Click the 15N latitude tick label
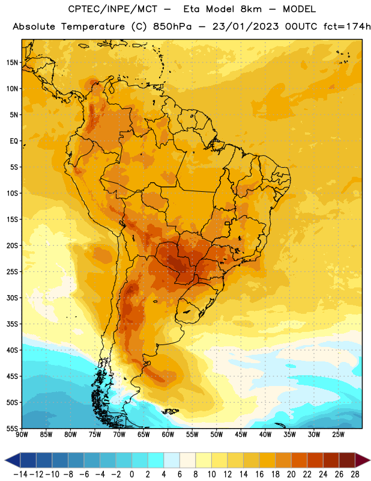click(x=12, y=63)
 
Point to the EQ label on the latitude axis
click(x=14, y=141)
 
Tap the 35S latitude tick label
click(x=12, y=324)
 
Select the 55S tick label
click(x=12, y=428)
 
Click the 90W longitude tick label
click(x=22, y=434)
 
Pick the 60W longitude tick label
click(x=168, y=434)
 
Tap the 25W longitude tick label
click(x=338, y=434)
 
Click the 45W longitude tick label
click(x=241, y=434)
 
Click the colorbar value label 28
click(x=355, y=474)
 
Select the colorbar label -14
click(x=20, y=474)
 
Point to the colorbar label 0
click(x=131, y=474)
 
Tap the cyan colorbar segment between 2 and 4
click(x=155, y=460)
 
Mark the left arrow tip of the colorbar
click(x=5, y=460)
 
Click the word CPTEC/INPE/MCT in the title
click(x=113, y=9)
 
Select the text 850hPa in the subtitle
click(x=172, y=26)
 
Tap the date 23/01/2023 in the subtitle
click(x=246, y=26)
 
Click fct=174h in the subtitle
click(x=347, y=26)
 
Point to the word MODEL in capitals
click(x=299, y=9)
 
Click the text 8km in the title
click(x=250, y=9)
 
